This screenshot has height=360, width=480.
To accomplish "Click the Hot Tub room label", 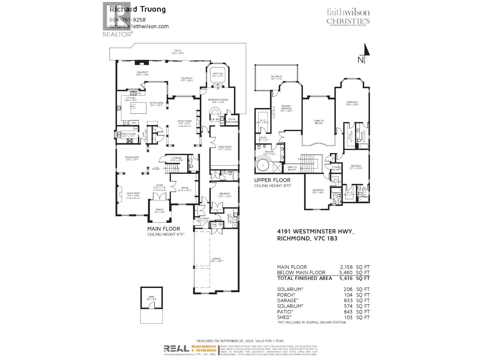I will (x=217, y=73).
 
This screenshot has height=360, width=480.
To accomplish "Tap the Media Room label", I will (x=224, y=147).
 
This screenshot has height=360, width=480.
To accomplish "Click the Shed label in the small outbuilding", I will (x=151, y=297).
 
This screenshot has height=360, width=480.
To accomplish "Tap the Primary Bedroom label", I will (x=286, y=107).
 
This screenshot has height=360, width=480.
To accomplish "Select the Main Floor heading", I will (x=164, y=229).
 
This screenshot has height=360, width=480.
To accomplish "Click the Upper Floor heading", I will (x=272, y=180).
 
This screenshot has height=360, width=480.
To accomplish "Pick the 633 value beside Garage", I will (x=348, y=301).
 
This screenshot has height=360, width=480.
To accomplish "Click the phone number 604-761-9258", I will (x=127, y=20).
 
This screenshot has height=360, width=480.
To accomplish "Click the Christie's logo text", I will (x=348, y=21).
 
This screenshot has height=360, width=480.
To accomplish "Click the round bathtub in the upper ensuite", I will (x=263, y=165).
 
